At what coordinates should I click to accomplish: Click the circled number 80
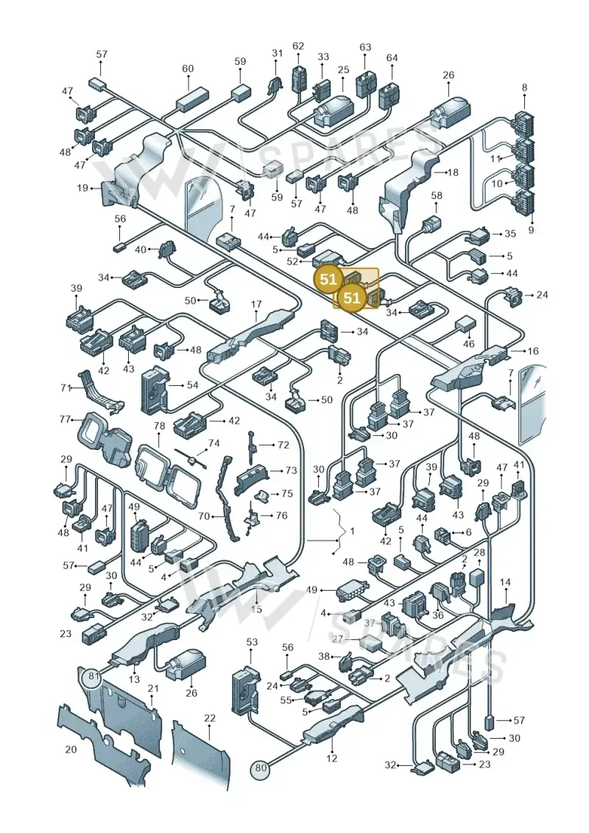click(x=260, y=767)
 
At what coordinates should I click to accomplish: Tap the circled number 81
click(x=94, y=676)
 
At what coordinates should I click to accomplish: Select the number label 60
click(x=188, y=68)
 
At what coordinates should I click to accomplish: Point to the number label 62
click(x=298, y=46)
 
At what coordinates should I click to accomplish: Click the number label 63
click(x=365, y=47)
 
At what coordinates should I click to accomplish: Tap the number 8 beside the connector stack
click(x=525, y=87)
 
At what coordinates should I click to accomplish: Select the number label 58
click(x=436, y=196)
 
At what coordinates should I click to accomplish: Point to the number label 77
click(x=65, y=420)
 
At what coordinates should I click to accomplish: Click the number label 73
click(x=291, y=470)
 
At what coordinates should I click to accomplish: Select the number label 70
click(x=203, y=516)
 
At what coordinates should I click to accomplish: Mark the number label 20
click(x=71, y=749)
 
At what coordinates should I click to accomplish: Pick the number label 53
click(x=252, y=642)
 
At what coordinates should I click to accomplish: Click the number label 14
click(x=505, y=583)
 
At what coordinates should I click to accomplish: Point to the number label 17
click(x=256, y=304)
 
